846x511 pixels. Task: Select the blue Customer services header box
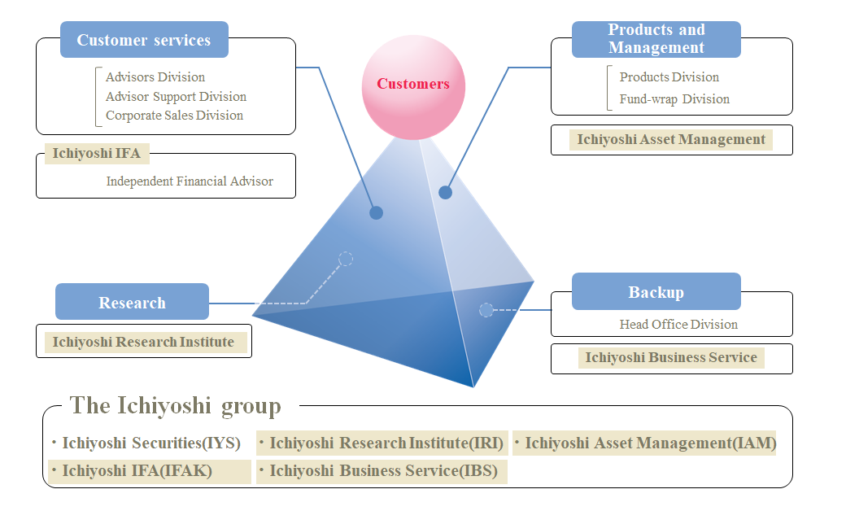coord(144,40)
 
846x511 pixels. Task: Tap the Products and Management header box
coord(656,39)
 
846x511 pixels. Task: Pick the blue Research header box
coord(132,302)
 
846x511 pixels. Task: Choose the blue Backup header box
coord(656,292)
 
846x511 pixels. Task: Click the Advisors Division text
coord(155,77)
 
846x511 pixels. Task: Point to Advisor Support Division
coord(176,96)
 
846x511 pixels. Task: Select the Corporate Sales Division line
coord(174,115)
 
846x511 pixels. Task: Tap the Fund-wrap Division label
coord(674,99)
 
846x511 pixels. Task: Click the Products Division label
coord(669,77)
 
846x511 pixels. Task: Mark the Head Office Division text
coord(678,324)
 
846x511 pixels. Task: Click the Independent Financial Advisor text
coord(190,181)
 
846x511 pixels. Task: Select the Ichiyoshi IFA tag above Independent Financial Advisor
coord(97,153)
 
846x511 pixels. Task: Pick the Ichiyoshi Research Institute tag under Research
coord(143,342)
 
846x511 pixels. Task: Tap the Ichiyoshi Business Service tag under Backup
coord(671,357)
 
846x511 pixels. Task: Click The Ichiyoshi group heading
coord(175,405)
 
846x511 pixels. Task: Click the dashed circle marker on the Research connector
coord(346,259)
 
